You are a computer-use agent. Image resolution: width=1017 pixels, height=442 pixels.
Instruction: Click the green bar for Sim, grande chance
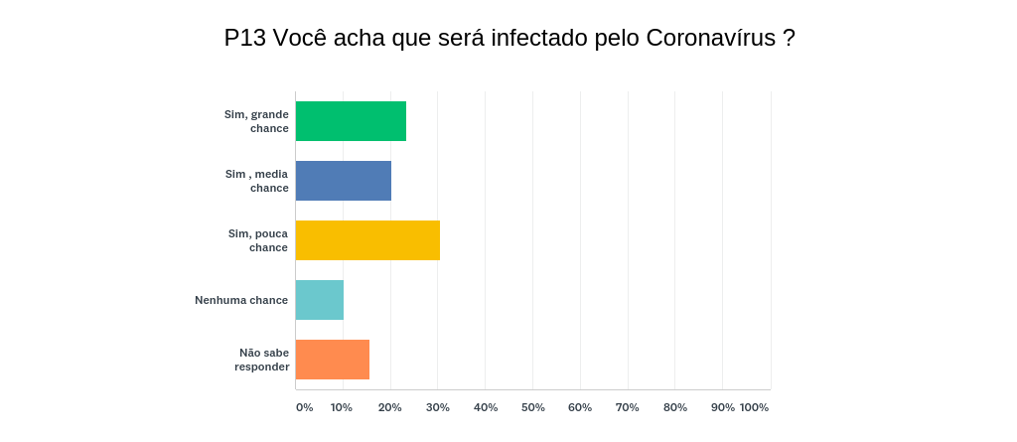(351, 121)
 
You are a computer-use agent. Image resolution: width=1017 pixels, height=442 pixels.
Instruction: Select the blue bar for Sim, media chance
(344, 181)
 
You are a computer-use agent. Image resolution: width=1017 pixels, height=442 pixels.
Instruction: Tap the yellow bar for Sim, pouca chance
(367, 240)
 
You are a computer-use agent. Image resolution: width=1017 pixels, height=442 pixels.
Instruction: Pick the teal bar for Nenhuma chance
(320, 300)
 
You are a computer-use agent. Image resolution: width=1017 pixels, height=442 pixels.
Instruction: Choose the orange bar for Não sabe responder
(333, 360)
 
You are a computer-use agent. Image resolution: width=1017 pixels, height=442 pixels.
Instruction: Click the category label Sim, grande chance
(256, 121)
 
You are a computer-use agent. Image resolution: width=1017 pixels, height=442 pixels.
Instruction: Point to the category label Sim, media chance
(256, 181)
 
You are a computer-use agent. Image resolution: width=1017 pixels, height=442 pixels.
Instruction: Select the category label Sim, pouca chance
(257, 240)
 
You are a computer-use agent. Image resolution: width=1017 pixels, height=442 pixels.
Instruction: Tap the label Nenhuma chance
(241, 300)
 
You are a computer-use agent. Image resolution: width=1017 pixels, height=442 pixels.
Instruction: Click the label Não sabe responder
(262, 360)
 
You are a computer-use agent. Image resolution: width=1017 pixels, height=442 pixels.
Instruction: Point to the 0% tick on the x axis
(304, 407)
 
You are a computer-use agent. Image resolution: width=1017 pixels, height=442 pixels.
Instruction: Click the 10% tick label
(342, 407)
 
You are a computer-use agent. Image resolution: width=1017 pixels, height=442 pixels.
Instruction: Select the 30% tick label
(438, 407)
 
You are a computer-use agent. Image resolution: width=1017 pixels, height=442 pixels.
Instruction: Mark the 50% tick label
(533, 407)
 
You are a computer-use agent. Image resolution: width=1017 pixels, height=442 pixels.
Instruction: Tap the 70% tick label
(628, 407)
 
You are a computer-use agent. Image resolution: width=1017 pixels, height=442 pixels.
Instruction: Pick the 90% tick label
(723, 407)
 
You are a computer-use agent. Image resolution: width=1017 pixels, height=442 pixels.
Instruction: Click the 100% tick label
(755, 407)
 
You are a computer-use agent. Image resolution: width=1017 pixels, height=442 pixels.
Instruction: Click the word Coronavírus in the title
(711, 38)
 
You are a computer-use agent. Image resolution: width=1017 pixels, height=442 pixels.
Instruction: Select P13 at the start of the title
(244, 38)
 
